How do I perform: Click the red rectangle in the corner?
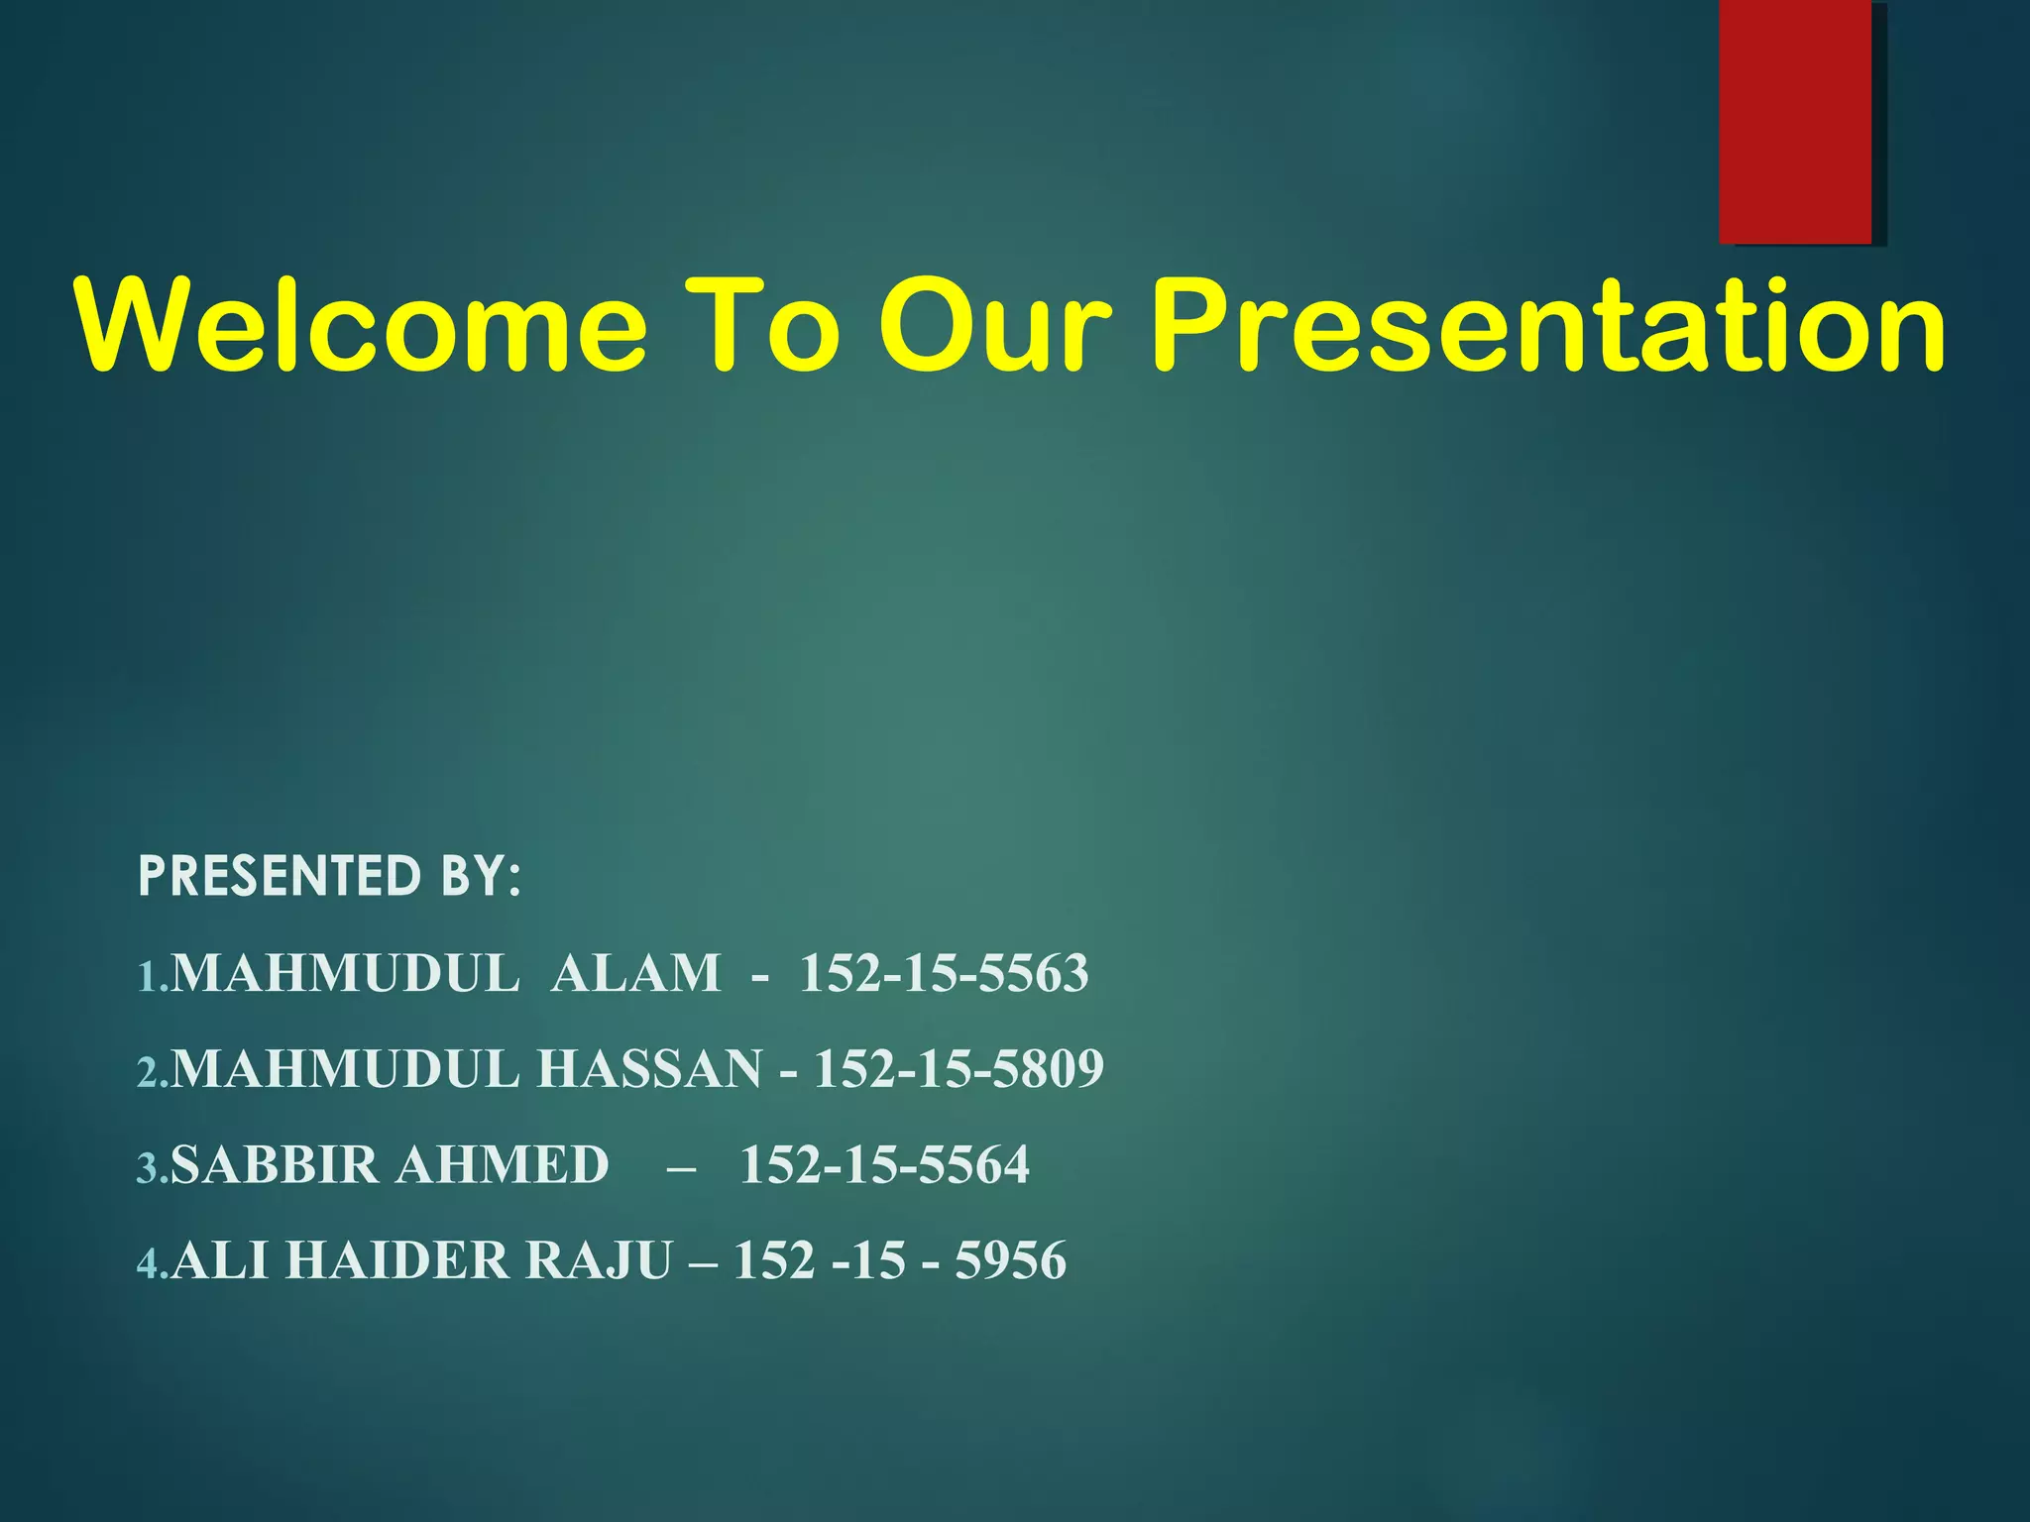(1795, 121)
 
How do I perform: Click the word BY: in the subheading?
(475, 876)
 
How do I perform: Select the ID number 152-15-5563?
(944, 973)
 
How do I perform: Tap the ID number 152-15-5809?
(959, 1069)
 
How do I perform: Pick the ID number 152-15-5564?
(884, 1165)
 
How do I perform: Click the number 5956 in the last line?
(1010, 1261)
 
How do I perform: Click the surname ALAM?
(635, 973)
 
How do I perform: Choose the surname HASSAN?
(649, 1069)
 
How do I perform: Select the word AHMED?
(503, 1165)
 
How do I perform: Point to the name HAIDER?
(396, 1261)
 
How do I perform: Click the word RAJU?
(599, 1261)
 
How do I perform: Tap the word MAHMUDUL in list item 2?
(345, 1069)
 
